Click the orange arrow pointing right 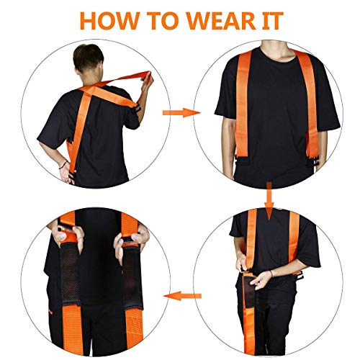pyautogui.click(x=179, y=113)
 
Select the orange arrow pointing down pyautogui.click(x=269, y=196)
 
